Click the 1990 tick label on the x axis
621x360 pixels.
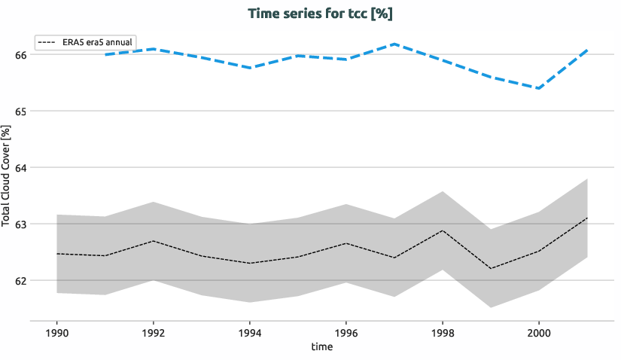pyautogui.click(x=57, y=332)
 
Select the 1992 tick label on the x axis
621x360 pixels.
pyautogui.click(x=154, y=332)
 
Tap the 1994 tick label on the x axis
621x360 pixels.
pyautogui.click(x=250, y=332)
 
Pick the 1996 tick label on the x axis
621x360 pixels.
pyautogui.click(x=346, y=332)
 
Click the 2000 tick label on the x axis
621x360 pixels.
pyautogui.click(x=539, y=332)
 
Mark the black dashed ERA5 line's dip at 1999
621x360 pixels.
pyautogui.click(x=491, y=269)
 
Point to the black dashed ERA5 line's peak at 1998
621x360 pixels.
pyautogui.click(x=443, y=230)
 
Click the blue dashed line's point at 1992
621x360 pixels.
pyautogui.click(x=154, y=49)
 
